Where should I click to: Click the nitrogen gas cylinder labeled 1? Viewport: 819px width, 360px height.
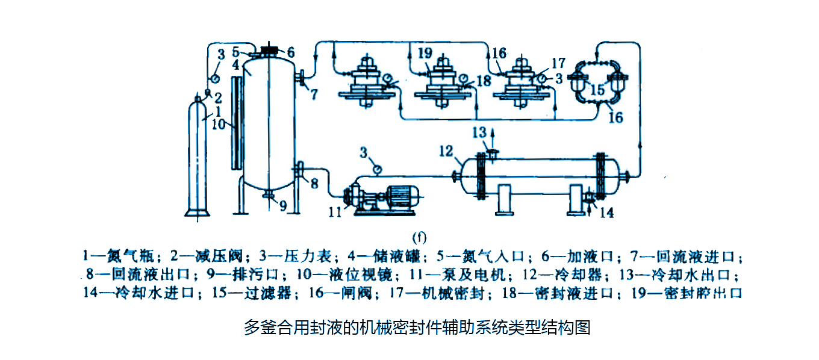pos(198,157)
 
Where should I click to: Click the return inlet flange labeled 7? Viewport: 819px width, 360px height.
pos(300,78)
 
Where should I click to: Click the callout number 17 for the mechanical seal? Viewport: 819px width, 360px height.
pos(556,62)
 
